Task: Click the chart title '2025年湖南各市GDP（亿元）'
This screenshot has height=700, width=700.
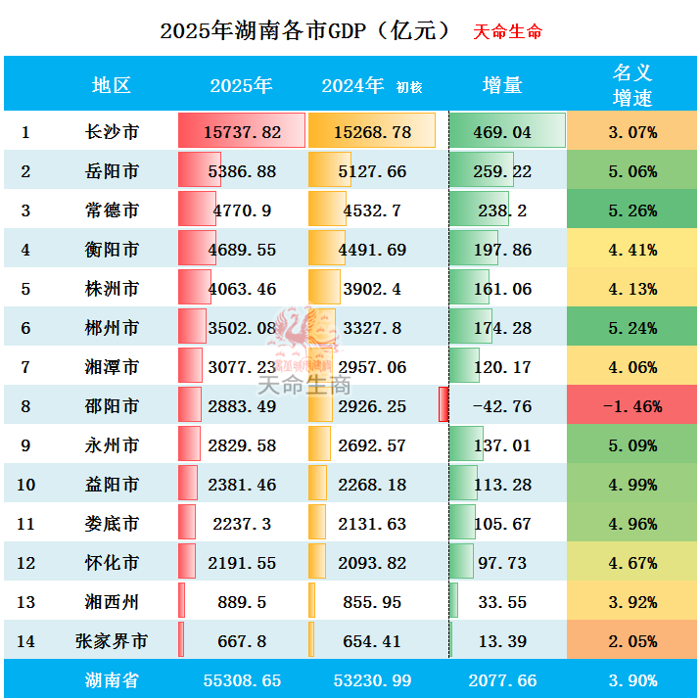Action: tap(305, 30)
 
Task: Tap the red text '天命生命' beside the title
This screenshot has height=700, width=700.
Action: tap(507, 31)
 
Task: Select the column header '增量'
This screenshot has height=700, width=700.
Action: tap(502, 85)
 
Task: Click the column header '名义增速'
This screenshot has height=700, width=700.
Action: tap(631, 85)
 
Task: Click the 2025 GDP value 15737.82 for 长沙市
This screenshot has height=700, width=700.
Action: tap(243, 132)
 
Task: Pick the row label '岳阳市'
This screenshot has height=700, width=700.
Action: tap(112, 171)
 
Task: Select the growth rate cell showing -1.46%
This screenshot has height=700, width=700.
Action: tap(631, 406)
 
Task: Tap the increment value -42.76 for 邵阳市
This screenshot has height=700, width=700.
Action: tap(502, 406)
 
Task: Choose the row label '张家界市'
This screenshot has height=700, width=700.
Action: tap(112, 641)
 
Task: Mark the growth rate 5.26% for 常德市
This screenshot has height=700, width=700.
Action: tap(631, 210)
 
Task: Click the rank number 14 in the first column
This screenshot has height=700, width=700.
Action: tap(26, 641)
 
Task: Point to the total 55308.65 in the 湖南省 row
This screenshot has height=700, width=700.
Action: tap(243, 680)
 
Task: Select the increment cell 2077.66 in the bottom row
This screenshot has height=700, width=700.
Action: tap(502, 680)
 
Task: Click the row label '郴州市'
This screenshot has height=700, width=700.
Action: tap(112, 328)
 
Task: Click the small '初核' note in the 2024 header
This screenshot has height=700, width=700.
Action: tap(409, 88)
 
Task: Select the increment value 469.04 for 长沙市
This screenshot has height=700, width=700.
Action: tap(502, 132)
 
